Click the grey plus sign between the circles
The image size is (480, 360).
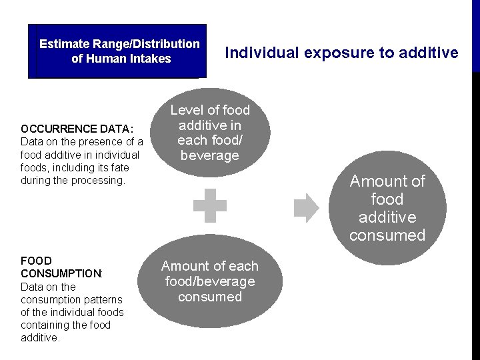pyautogui.click(x=210, y=206)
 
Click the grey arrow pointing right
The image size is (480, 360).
pyautogui.click(x=307, y=208)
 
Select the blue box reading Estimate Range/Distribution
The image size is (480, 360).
pyautogui.click(x=117, y=51)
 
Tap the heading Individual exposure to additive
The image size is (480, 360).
pyautogui.click(x=341, y=53)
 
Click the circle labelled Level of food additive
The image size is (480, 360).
pyautogui.click(x=210, y=132)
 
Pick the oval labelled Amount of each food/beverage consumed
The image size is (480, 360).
pyautogui.click(x=210, y=281)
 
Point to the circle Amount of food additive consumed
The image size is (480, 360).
pyautogui.click(x=387, y=208)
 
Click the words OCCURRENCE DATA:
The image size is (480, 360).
pyautogui.click(x=77, y=129)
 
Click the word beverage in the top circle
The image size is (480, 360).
pyautogui.click(x=210, y=155)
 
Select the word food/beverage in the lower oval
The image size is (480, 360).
pyautogui.click(x=210, y=281)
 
